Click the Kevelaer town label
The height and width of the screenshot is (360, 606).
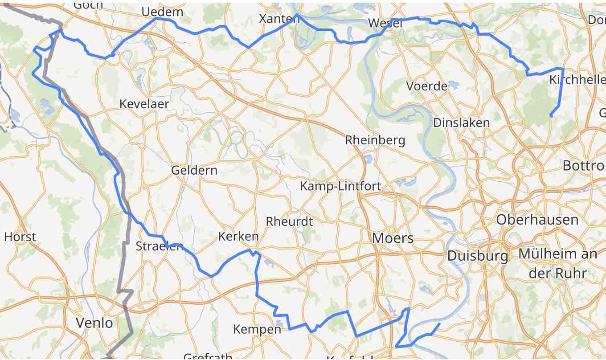click(x=144, y=104)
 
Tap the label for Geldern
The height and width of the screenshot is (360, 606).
click(x=194, y=170)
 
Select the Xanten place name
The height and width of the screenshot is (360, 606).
click(x=279, y=19)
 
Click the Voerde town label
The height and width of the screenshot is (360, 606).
click(x=427, y=86)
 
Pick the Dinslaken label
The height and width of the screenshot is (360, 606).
click(x=461, y=123)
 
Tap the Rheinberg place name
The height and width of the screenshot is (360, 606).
click(x=375, y=140)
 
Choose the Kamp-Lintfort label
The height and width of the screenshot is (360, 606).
click(x=340, y=186)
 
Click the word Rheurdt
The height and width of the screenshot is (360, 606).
click(x=289, y=221)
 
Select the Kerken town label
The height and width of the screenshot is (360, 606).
click(x=238, y=237)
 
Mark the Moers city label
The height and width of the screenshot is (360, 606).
click(x=393, y=238)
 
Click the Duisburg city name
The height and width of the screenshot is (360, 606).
click(x=477, y=256)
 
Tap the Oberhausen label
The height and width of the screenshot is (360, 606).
click(x=537, y=220)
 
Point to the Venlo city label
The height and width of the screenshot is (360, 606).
click(x=94, y=323)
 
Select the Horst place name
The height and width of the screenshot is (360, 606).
click(x=20, y=237)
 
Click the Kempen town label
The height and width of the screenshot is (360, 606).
click(x=257, y=330)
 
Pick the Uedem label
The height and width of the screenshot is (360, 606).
click(x=162, y=12)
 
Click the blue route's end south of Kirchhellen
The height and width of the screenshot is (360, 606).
click(x=551, y=116)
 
